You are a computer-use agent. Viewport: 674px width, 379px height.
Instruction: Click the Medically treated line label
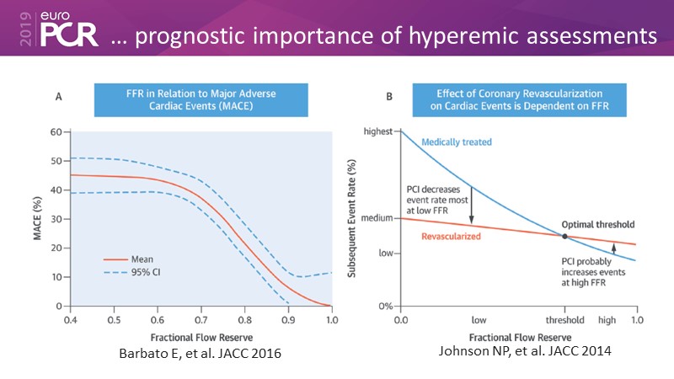click(456, 142)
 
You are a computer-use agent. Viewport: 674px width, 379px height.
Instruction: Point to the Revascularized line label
click(452, 238)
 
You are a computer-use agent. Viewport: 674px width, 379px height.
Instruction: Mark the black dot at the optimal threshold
click(564, 235)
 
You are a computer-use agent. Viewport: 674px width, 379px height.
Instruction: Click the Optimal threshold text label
click(597, 225)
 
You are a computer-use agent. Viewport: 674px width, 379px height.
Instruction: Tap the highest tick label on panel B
click(377, 131)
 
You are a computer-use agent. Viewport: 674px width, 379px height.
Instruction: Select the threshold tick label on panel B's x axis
click(564, 321)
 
